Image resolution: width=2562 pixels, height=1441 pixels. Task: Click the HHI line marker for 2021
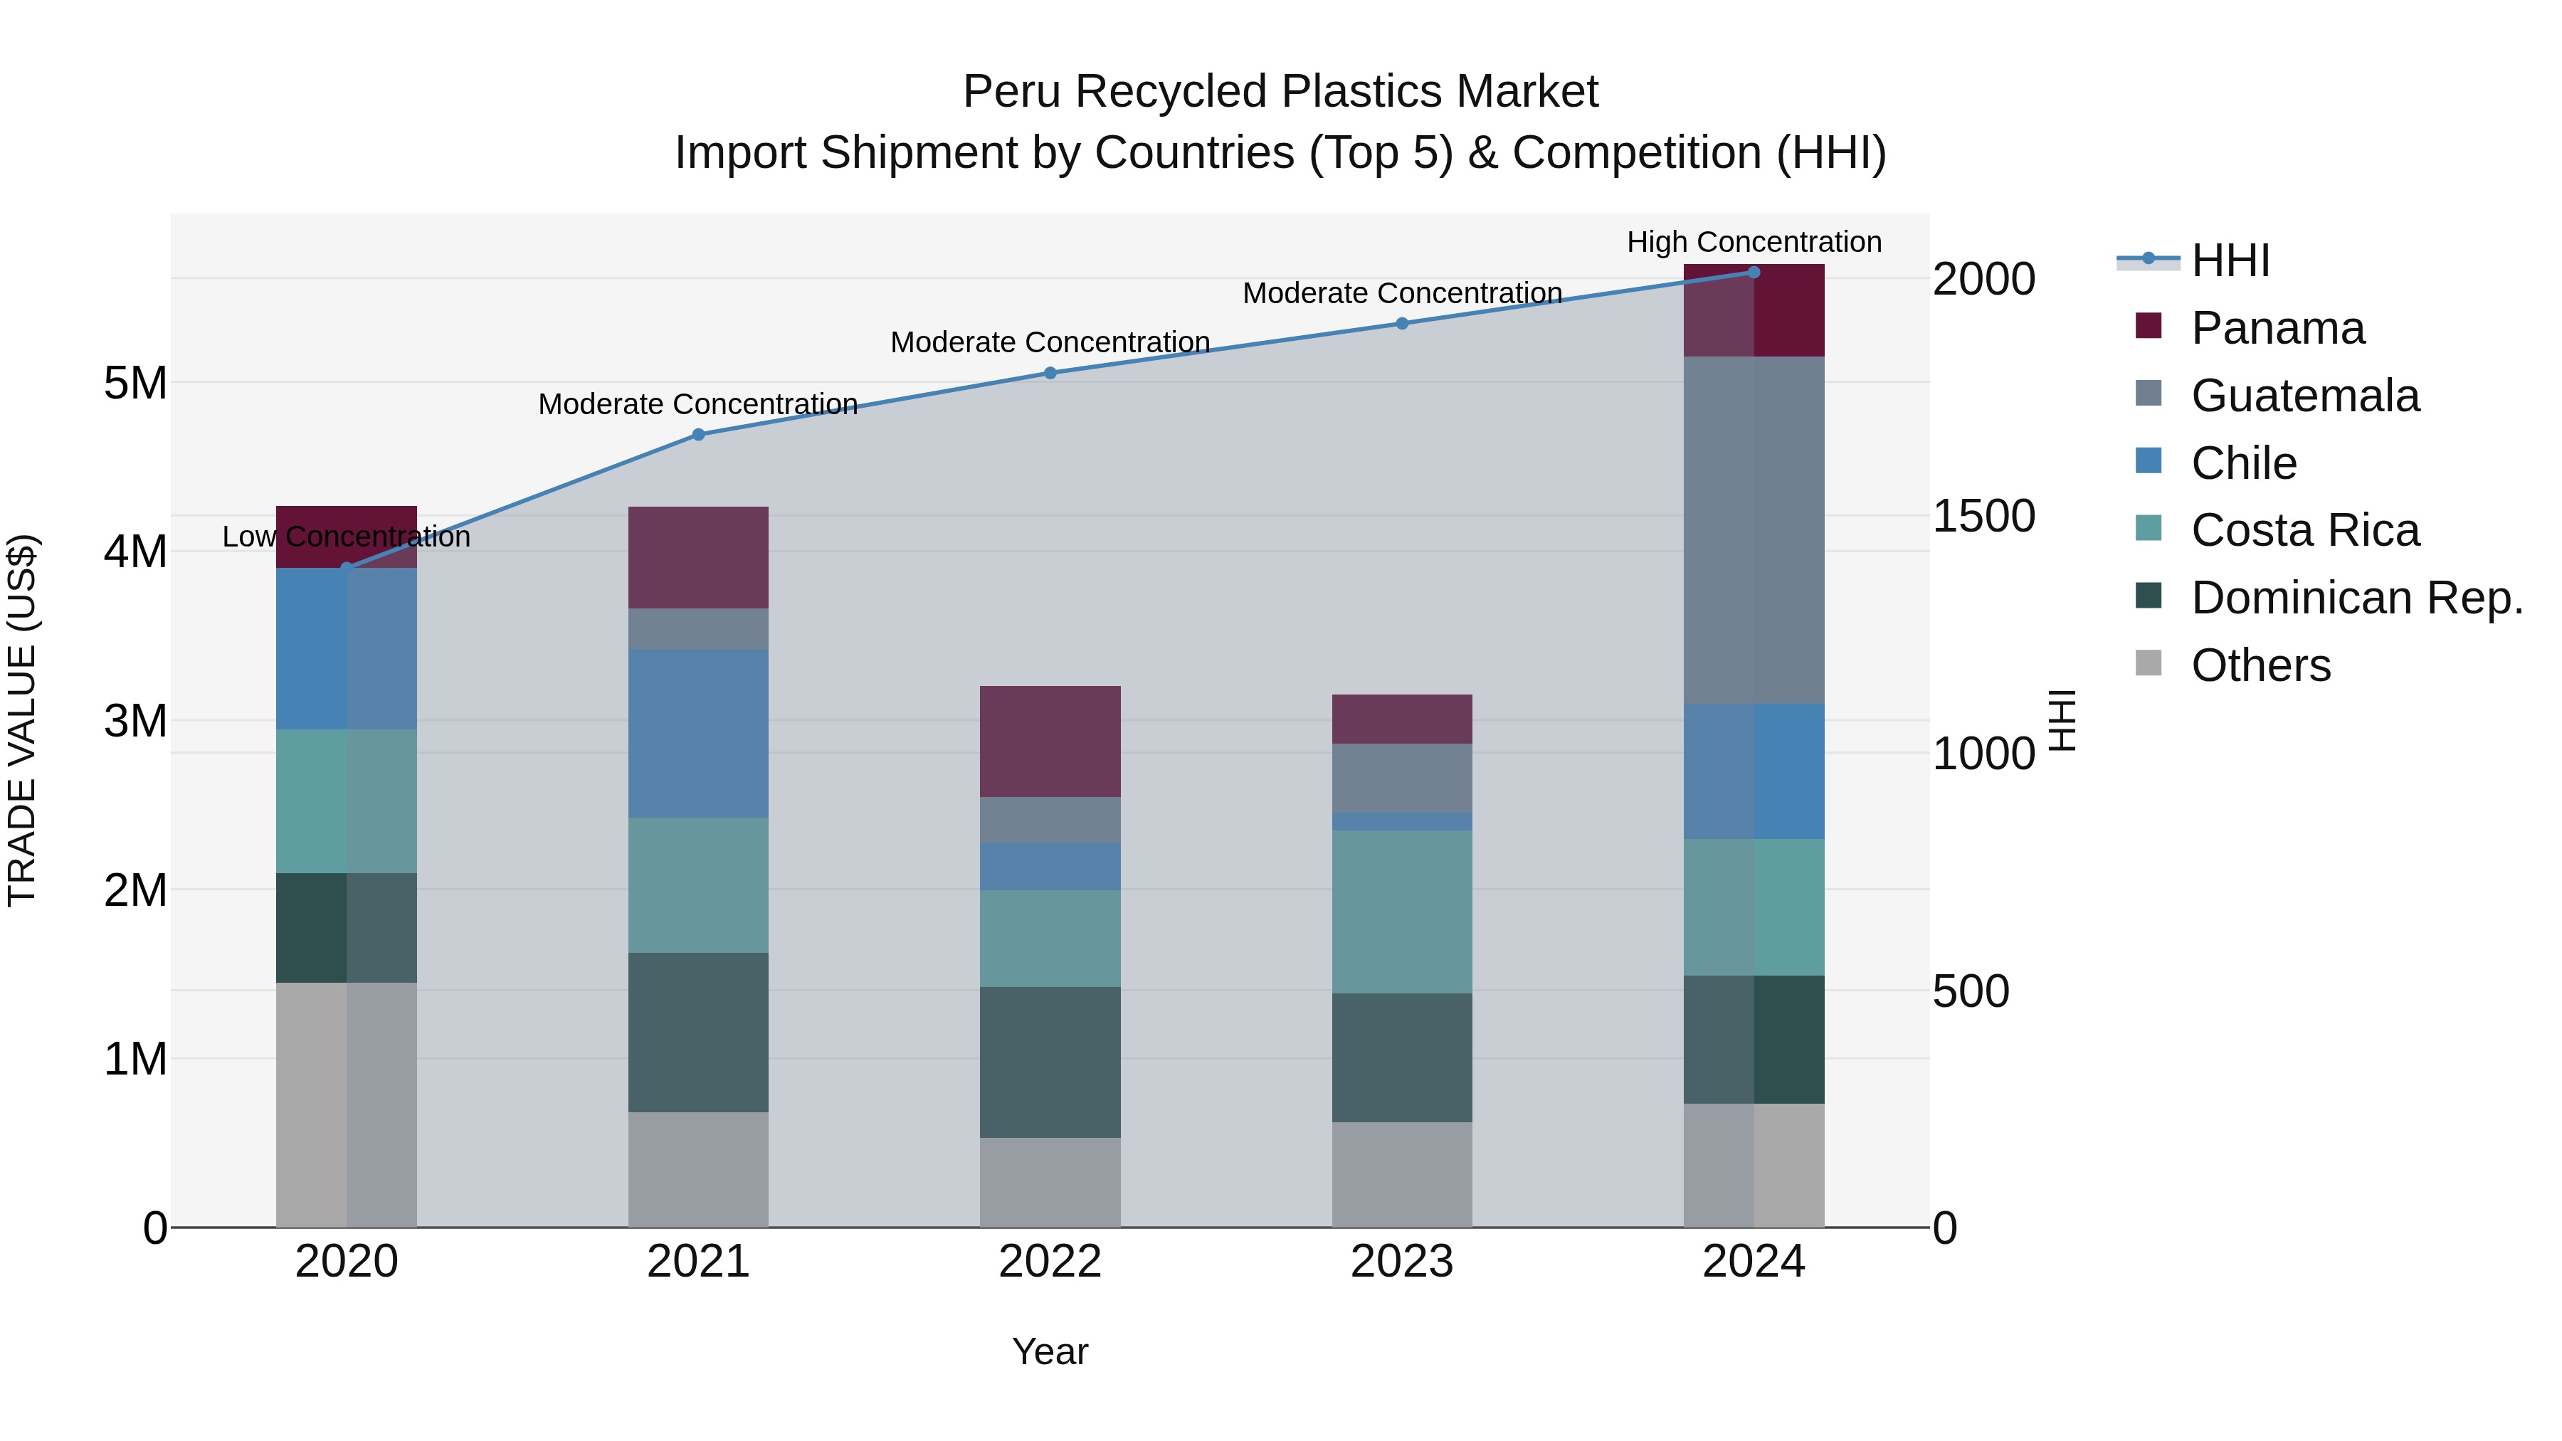click(698, 435)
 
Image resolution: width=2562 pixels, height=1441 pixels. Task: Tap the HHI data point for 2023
click(1401, 323)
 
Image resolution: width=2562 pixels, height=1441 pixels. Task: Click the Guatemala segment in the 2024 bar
click(1754, 530)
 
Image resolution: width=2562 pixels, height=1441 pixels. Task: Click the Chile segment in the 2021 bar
click(698, 733)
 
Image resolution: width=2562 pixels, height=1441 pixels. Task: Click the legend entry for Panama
click(2277, 328)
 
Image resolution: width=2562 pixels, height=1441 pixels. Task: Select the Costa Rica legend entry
click(2304, 530)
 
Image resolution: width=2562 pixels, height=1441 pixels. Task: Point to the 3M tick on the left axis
click(135, 721)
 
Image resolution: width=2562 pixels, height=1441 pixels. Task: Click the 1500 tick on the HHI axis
click(1983, 516)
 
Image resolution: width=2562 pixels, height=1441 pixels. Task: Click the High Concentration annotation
click(1754, 242)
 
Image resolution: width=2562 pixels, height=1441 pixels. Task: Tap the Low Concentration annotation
click(346, 537)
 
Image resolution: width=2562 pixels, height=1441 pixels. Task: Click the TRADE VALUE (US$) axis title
click(22, 720)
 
